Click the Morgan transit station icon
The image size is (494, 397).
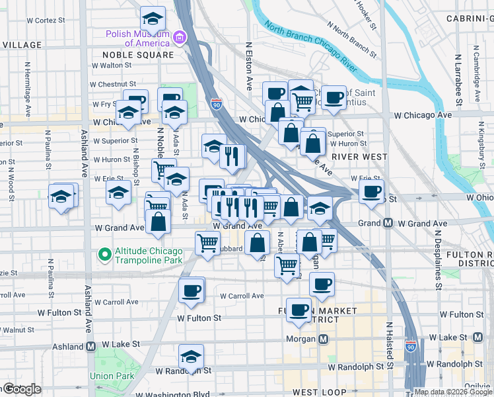(x=324, y=339)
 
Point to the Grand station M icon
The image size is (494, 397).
(x=388, y=224)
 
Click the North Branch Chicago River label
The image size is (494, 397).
(x=310, y=50)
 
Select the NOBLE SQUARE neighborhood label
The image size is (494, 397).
(x=137, y=55)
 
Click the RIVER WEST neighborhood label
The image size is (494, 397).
(x=360, y=156)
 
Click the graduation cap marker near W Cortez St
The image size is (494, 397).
(x=153, y=18)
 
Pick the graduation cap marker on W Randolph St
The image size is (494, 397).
(x=192, y=358)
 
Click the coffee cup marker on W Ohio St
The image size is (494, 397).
(x=371, y=193)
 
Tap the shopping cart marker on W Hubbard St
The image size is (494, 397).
(x=207, y=243)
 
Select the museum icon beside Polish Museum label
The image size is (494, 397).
(x=180, y=38)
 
